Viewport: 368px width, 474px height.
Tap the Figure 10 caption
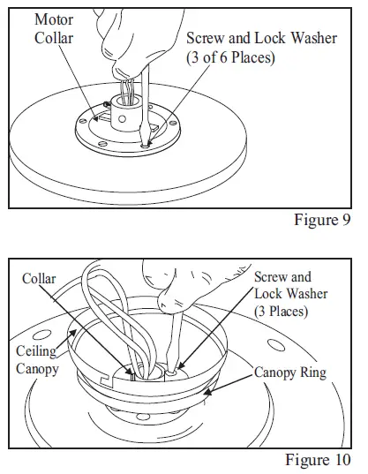tap(318, 460)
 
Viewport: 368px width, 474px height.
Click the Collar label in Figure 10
tap(40, 279)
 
